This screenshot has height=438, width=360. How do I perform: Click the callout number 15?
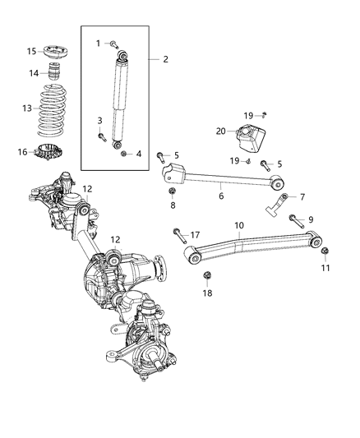[30, 51]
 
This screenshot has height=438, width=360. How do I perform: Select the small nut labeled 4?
[122, 153]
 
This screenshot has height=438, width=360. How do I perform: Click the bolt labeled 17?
[180, 240]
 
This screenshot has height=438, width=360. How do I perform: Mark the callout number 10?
[238, 224]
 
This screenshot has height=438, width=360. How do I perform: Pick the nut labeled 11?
[325, 250]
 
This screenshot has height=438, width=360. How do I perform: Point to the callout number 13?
[27, 108]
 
